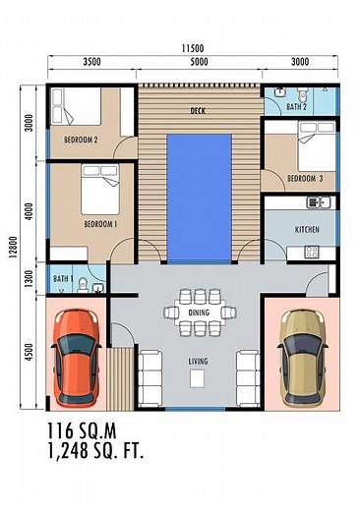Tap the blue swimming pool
point(199,196)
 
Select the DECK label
point(199,111)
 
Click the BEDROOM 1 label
point(100,223)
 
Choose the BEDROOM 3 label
point(305,178)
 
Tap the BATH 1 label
point(63,280)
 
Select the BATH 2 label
point(297,106)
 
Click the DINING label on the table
point(199,312)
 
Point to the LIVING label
point(199,361)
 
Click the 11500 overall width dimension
point(192,48)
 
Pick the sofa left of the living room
point(152,374)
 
